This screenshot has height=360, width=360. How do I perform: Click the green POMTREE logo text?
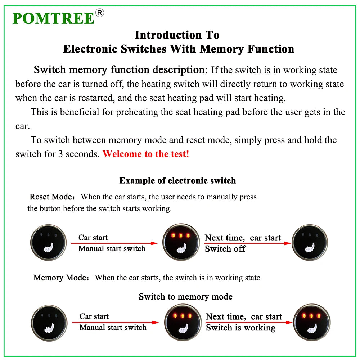[x=53, y=18]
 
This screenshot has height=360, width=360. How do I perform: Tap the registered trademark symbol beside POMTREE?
[x=100, y=13]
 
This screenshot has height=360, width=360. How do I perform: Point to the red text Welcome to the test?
[x=146, y=154]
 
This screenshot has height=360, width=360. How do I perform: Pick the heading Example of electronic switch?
[x=177, y=180]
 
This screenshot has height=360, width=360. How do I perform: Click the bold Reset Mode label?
[x=51, y=197]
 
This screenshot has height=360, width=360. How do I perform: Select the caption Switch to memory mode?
[x=185, y=297]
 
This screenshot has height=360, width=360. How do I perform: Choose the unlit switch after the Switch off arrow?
[x=310, y=242]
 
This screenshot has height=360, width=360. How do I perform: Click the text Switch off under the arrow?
[x=225, y=249]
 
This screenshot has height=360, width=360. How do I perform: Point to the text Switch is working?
[x=240, y=328]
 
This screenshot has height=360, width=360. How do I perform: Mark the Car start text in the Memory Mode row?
[x=94, y=316]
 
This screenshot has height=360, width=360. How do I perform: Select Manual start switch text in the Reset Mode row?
[x=112, y=248]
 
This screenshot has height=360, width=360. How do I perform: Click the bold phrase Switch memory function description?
[x=121, y=69]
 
